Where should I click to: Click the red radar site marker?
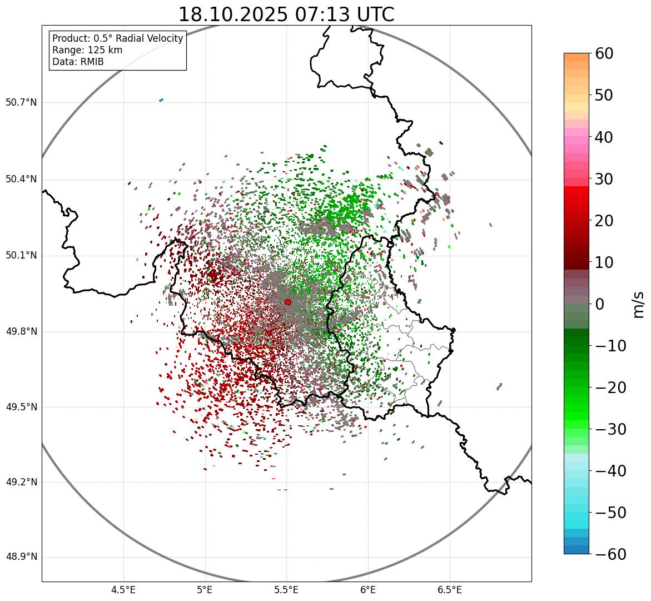pyautogui.click(x=287, y=302)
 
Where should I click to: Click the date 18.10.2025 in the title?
pyautogui.click(x=233, y=14)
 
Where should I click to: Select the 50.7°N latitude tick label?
pyautogui.click(x=21, y=102)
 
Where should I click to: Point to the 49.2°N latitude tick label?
pyautogui.click(x=21, y=482)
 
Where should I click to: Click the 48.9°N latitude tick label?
pyautogui.click(x=21, y=557)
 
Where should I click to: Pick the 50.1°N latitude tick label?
pyautogui.click(x=21, y=256)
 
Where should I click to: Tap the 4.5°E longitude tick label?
pyautogui.click(x=123, y=590)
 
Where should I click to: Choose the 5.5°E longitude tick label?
pyautogui.click(x=286, y=590)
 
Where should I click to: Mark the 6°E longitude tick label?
pyautogui.click(x=368, y=590)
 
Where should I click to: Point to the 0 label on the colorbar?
pyautogui.click(x=600, y=304)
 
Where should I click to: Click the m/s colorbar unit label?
pyautogui.click(x=639, y=304)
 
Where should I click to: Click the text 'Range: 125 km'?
pyautogui.click(x=87, y=50)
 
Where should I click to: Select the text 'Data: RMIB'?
pyautogui.click(x=78, y=62)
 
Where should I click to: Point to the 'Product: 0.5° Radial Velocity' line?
pyautogui.click(x=117, y=38)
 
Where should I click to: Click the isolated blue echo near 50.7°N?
pyautogui.click(x=161, y=100)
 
